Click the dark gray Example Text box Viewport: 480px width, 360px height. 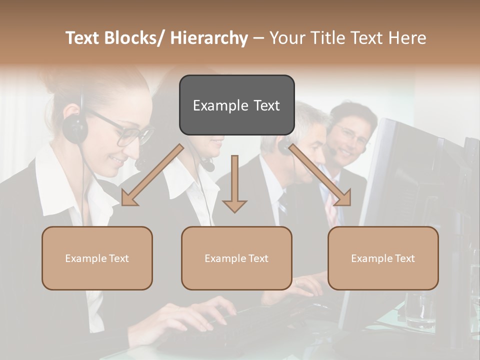tap(236, 105)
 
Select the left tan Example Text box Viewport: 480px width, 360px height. tap(97, 258)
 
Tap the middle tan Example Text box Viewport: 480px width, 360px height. tap(236, 258)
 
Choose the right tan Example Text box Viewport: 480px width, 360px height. tap(383, 258)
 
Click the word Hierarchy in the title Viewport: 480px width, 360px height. tap(208, 38)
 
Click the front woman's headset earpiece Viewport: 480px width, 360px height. tap(75, 127)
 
